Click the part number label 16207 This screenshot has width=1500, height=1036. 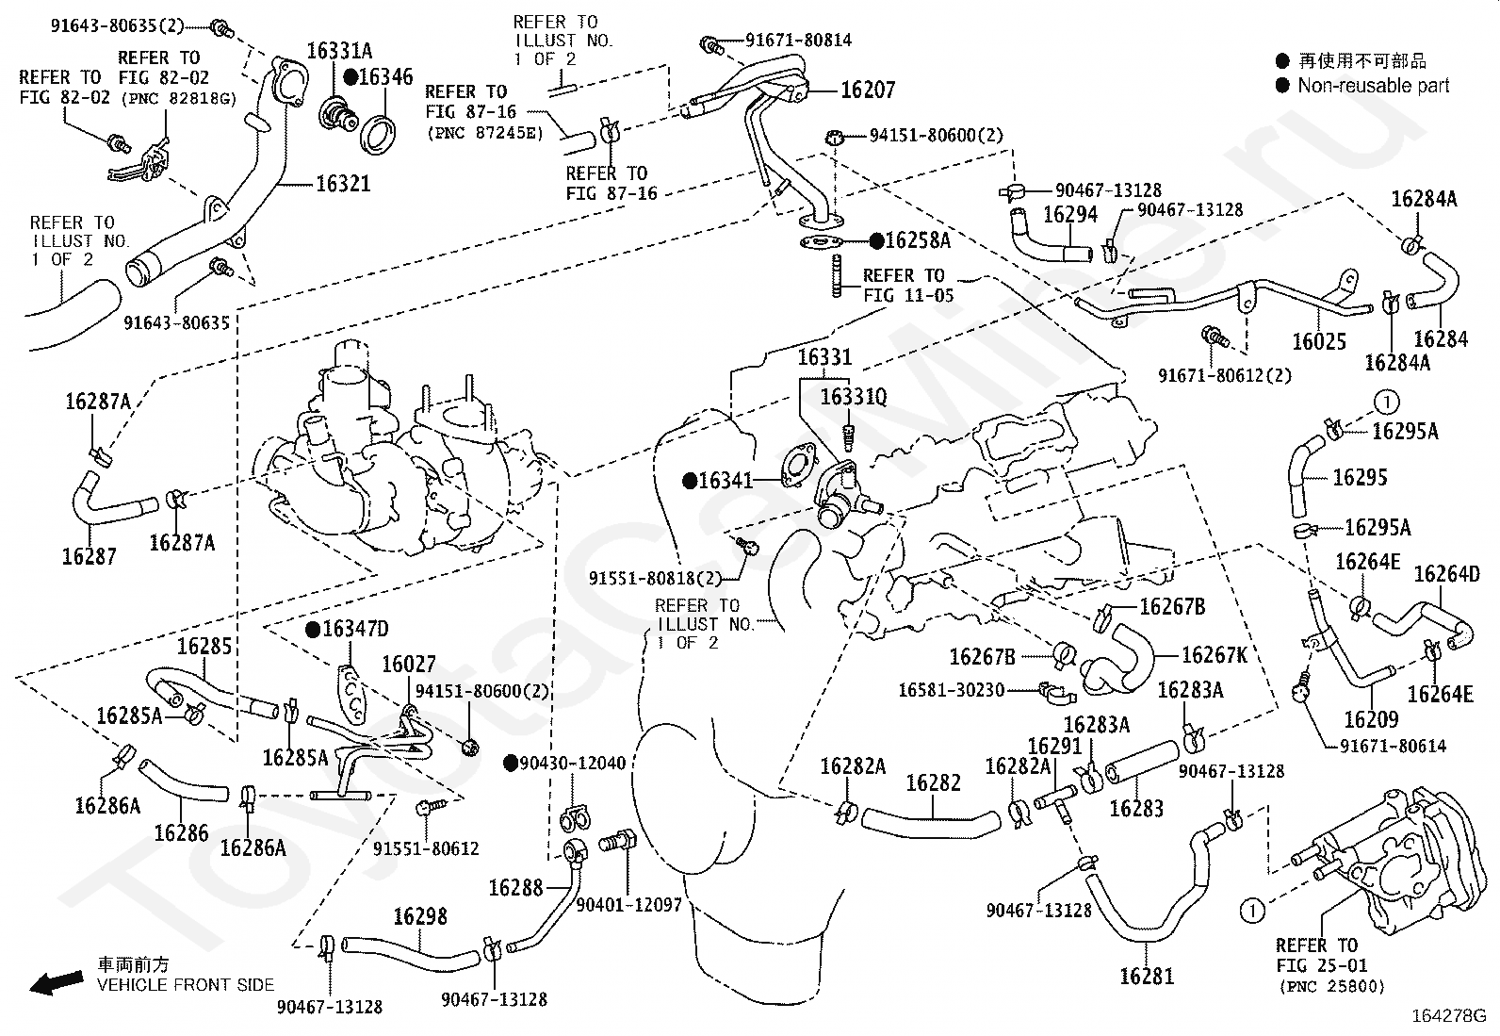click(x=867, y=90)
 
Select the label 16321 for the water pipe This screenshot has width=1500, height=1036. click(x=343, y=184)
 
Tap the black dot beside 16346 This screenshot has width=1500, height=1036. click(x=351, y=77)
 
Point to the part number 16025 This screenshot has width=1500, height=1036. click(x=1318, y=341)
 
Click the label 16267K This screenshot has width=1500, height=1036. click(x=1215, y=655)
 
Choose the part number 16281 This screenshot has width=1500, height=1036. click(x=1147, y=977)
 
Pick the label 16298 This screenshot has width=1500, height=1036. click(x=420, y=916)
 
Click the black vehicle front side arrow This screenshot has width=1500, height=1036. click(x=57, y=982)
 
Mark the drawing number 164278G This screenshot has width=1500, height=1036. click(x=1448, y=1016)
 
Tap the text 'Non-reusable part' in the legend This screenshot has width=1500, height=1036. click(x=1373, y=86)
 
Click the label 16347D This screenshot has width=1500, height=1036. click(x=355, y=630)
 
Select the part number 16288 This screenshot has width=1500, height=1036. click(x=515, y=888)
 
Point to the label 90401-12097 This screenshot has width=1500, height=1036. click(x=628, y=905)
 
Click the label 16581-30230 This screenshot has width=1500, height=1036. click(x=951, y=689)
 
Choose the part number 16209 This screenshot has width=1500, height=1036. click(x=1372, y=719)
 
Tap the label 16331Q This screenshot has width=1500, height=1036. click(x=853, y=397)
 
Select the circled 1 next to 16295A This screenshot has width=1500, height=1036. click(x=1387, y=403)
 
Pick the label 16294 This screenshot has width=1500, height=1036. click(x=1070, y=214)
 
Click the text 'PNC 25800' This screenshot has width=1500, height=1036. click(x=1332, y=986)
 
